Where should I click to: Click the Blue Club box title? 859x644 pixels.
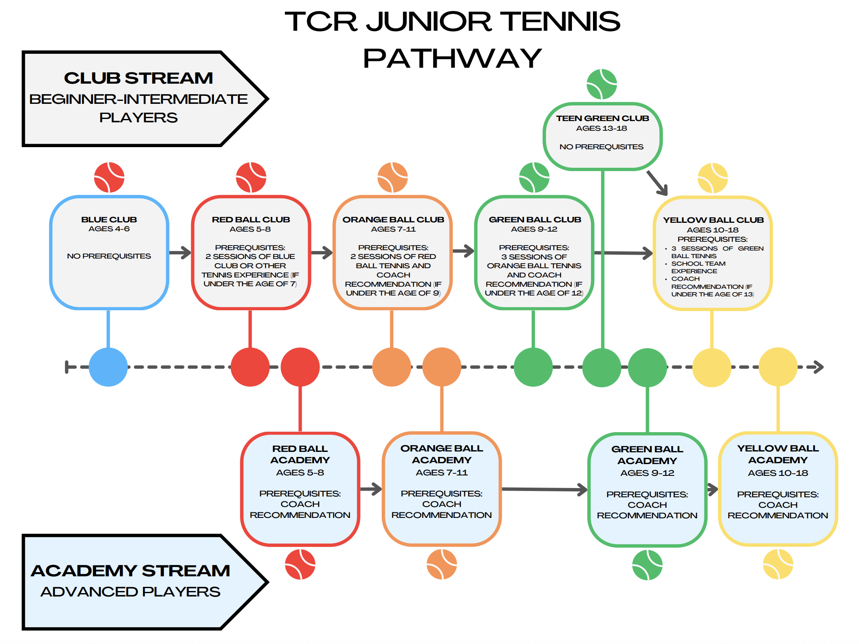pos(109,219)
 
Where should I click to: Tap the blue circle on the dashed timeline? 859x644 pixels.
pos(108,367)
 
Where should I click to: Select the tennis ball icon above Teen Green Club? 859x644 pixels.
pos(602,84)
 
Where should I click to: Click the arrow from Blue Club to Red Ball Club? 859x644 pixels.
pos(180,253)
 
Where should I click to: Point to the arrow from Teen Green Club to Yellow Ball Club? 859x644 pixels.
pos(657,183)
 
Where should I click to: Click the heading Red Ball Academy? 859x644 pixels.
pos(300,454)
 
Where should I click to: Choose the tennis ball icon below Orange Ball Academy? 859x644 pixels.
pos(442,564)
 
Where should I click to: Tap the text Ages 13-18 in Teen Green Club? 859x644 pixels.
pos(601,128)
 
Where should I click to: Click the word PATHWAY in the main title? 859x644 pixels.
pos(452,58)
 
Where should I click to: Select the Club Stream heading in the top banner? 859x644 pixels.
pos(138,78)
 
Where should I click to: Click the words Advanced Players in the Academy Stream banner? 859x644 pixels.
pos(130,591)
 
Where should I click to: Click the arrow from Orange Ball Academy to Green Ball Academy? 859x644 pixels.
pos(545,489)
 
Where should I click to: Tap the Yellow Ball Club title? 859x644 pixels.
pos(713,220)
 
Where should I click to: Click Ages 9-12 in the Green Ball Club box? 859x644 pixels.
pos(534,229)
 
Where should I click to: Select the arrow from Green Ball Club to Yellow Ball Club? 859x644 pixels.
pos(623,253)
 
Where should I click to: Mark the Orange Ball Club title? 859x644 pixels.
pos(393,219)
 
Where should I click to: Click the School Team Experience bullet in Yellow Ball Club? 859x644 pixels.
pos(698,267)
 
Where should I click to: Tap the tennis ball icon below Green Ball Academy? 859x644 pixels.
pos(647,565)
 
